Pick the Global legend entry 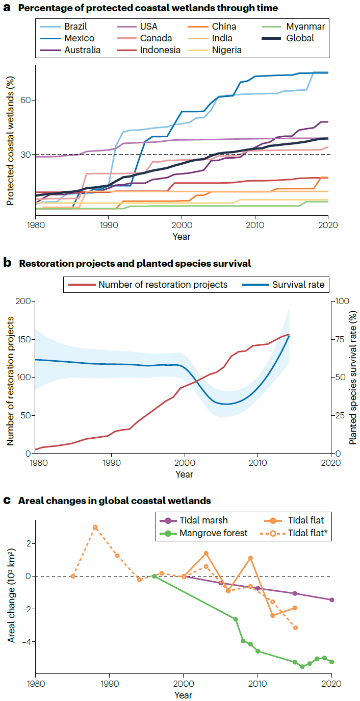coord(300,38)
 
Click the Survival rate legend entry coord(297,285)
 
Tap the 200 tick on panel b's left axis coord(23,301)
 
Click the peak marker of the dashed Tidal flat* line coord(95,527)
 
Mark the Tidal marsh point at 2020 coord(331,599)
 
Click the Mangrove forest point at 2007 coord(236,619)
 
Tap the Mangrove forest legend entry coord(214,534)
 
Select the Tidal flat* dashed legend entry coord(305,534)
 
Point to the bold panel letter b coord(7,263)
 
